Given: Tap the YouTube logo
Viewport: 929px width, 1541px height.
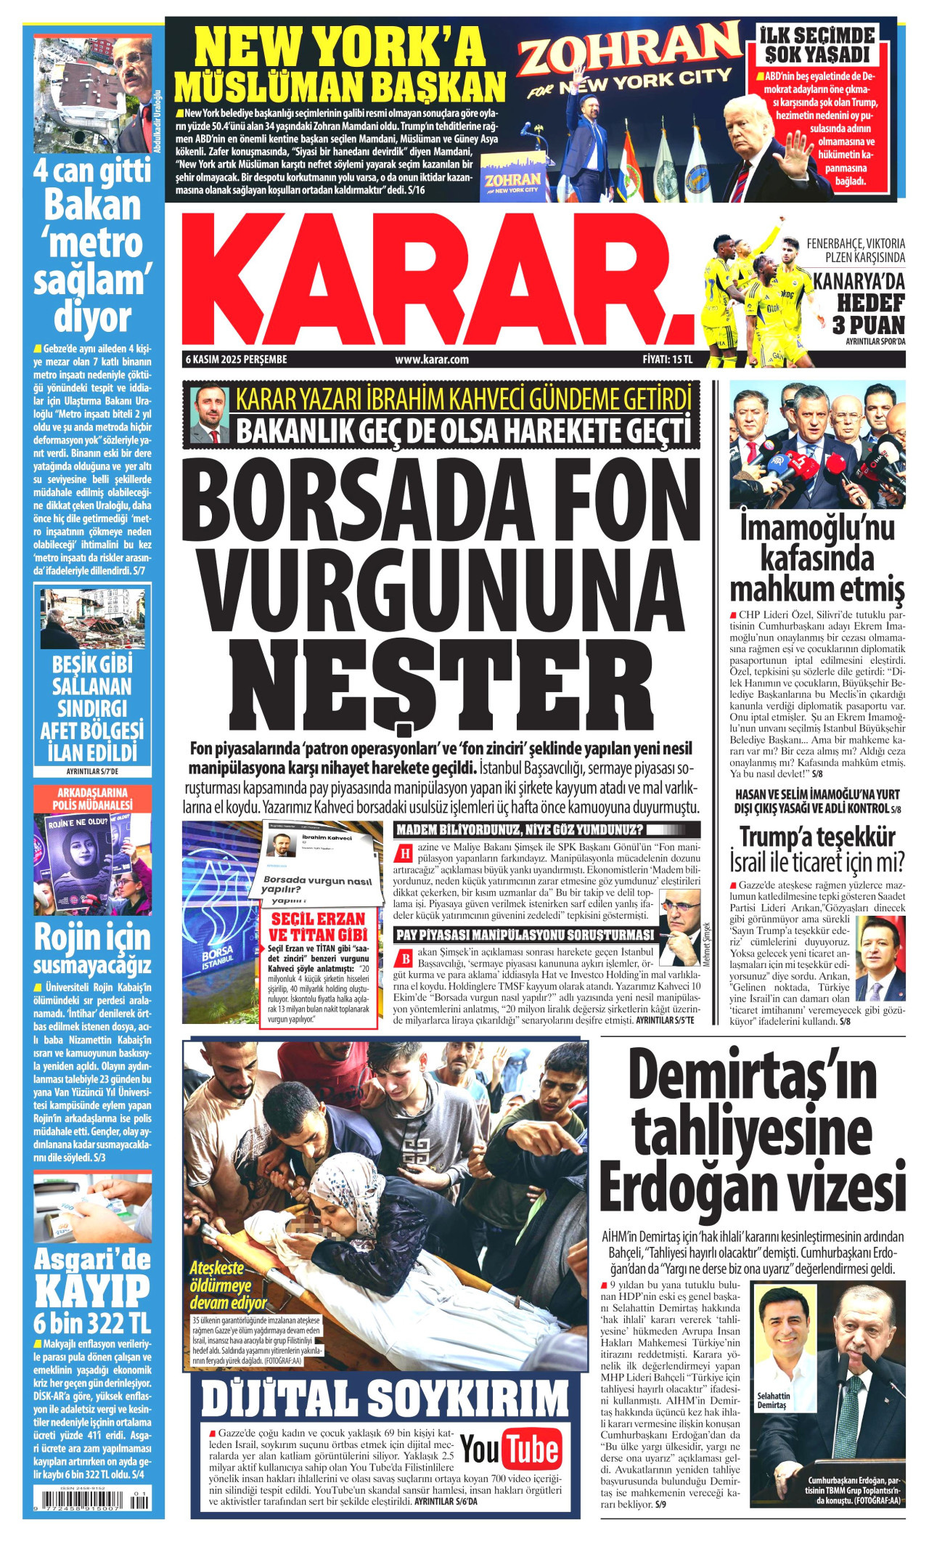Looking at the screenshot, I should [510, 1452].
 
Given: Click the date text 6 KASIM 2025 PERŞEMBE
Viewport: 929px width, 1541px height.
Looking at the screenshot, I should [237, 359].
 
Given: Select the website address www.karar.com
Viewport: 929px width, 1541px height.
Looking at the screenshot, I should [432, 359].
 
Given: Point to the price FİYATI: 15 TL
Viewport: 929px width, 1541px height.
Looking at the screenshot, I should [668, 359].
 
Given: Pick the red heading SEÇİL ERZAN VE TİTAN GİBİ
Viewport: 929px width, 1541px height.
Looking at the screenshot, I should [319, 926].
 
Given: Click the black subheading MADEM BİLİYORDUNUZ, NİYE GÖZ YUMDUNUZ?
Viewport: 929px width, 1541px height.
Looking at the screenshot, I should [520, 830].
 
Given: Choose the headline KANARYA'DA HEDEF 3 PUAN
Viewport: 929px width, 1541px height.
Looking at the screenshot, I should [859, 303].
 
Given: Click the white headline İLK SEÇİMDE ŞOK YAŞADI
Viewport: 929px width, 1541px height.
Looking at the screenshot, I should [817, 45].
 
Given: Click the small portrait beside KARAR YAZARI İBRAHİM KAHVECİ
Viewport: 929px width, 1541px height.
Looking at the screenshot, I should [210, 415].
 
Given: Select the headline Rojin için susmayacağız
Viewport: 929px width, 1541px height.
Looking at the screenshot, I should [92, 949].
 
